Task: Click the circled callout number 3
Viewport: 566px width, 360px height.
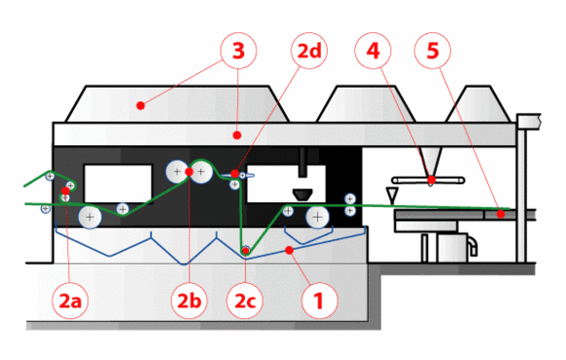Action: click(x=239, y=51)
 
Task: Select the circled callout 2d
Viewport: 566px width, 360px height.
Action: click(x=309, y=51)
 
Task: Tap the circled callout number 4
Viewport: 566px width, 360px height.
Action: click(x=373, y=51)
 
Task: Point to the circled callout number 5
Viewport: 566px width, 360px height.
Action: click(x=432, y=51)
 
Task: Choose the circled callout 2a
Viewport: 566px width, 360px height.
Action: click(x=70, y=300)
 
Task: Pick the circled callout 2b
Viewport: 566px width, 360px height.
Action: click(x=189, y=300)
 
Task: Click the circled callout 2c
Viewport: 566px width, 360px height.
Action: click(x=245, y=300)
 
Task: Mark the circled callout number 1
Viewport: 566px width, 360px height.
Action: click(x=319, y=300)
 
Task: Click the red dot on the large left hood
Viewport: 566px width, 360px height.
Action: click(x=141, y=105)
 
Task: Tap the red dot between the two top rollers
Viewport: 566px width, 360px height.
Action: click(x=188, y=172)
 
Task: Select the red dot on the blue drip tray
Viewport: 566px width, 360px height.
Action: click(x=289, y=250)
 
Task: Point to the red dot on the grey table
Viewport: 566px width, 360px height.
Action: click(x=501, y=214)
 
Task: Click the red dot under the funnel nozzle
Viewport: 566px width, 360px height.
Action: click(x=431, y=180)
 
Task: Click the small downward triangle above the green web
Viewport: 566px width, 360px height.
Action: click(x=392, y=195)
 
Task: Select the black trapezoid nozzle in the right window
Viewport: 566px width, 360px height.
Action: click(x=303, y=195)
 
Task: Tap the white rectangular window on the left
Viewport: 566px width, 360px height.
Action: click(x=118, y=184)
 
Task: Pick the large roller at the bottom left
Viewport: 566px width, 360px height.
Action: click(x=90, y=218)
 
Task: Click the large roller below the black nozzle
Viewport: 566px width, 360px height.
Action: click(x=317, y=218)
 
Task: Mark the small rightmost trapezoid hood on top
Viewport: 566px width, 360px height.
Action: click(x=478, y=104)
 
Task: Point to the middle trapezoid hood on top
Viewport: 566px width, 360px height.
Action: click(x=366, y=104)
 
